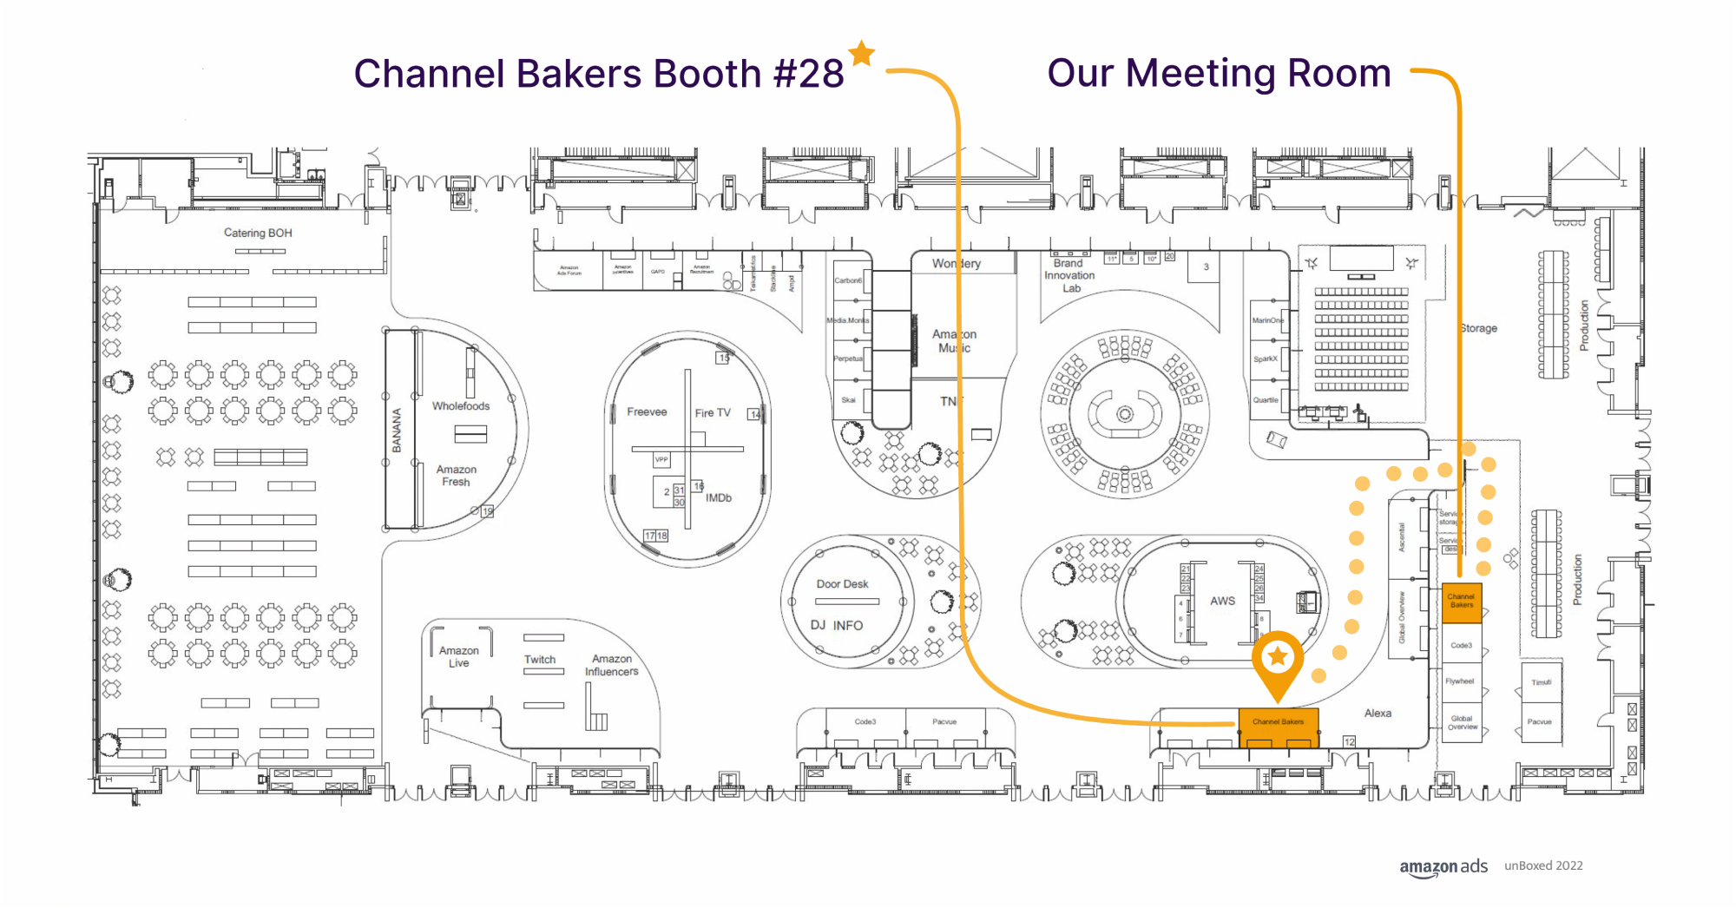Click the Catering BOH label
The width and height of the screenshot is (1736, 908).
coord(258,233)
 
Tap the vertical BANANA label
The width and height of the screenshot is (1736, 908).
coord(397,431)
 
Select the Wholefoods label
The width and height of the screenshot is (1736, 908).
coord(461,405)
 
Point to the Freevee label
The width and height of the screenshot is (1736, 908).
coord(647,411)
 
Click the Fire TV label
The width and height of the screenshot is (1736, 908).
coord(713,413)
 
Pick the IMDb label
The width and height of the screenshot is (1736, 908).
coord(719,497)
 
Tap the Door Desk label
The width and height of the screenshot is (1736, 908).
coord(842,584)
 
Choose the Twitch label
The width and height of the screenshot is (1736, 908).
coord(540,660)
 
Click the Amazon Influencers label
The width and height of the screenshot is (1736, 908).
coord(612,665)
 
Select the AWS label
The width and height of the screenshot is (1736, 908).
coord(1222,601)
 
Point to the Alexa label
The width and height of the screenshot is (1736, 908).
coord(1378,713)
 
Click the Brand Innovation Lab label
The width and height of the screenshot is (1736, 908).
coord(1069,275)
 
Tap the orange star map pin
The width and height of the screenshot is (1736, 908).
coord(1278,659)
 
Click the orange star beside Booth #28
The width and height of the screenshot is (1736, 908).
coord(862,53)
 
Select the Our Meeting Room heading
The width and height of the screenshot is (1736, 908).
coord(1219,73)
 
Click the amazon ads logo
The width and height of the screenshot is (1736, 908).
coord(1443,866)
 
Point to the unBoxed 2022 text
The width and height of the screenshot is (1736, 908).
coord(1543,865)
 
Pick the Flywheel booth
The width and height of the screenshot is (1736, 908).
coord(1460,681)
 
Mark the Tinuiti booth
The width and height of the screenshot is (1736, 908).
coord(1541,682)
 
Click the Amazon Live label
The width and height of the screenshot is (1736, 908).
coord(459,656)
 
